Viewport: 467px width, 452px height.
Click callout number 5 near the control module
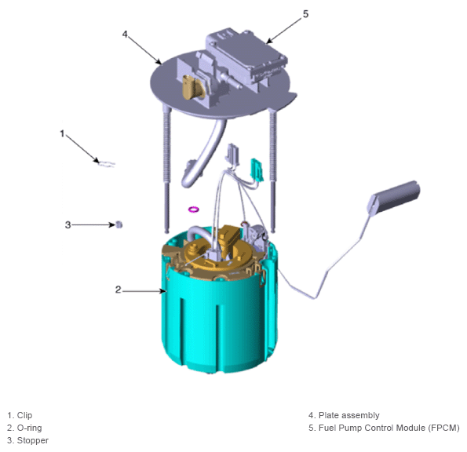[305, 14]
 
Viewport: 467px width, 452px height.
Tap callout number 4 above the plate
[125, 35]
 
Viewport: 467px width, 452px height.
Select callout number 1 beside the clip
[62, 133]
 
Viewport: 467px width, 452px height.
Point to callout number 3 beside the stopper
[68, 224]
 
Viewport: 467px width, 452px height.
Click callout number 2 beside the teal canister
[119, 290]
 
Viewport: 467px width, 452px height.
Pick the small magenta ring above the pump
[194, 209]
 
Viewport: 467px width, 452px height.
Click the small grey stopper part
[119, 224]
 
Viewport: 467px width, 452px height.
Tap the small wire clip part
[106, 164]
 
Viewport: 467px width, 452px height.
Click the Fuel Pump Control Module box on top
[246, 53]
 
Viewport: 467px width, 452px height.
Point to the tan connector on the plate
[193, 87]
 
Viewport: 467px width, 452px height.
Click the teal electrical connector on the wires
[257, 169]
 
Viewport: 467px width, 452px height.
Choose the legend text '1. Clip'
[20, 415]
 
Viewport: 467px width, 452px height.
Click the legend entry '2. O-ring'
[24, 428]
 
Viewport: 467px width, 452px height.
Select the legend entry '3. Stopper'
[27, 440]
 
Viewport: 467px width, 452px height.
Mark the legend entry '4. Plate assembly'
[344, 415]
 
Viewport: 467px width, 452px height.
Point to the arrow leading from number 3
[93, 224]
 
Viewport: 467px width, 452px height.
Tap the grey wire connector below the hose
[233, 155]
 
